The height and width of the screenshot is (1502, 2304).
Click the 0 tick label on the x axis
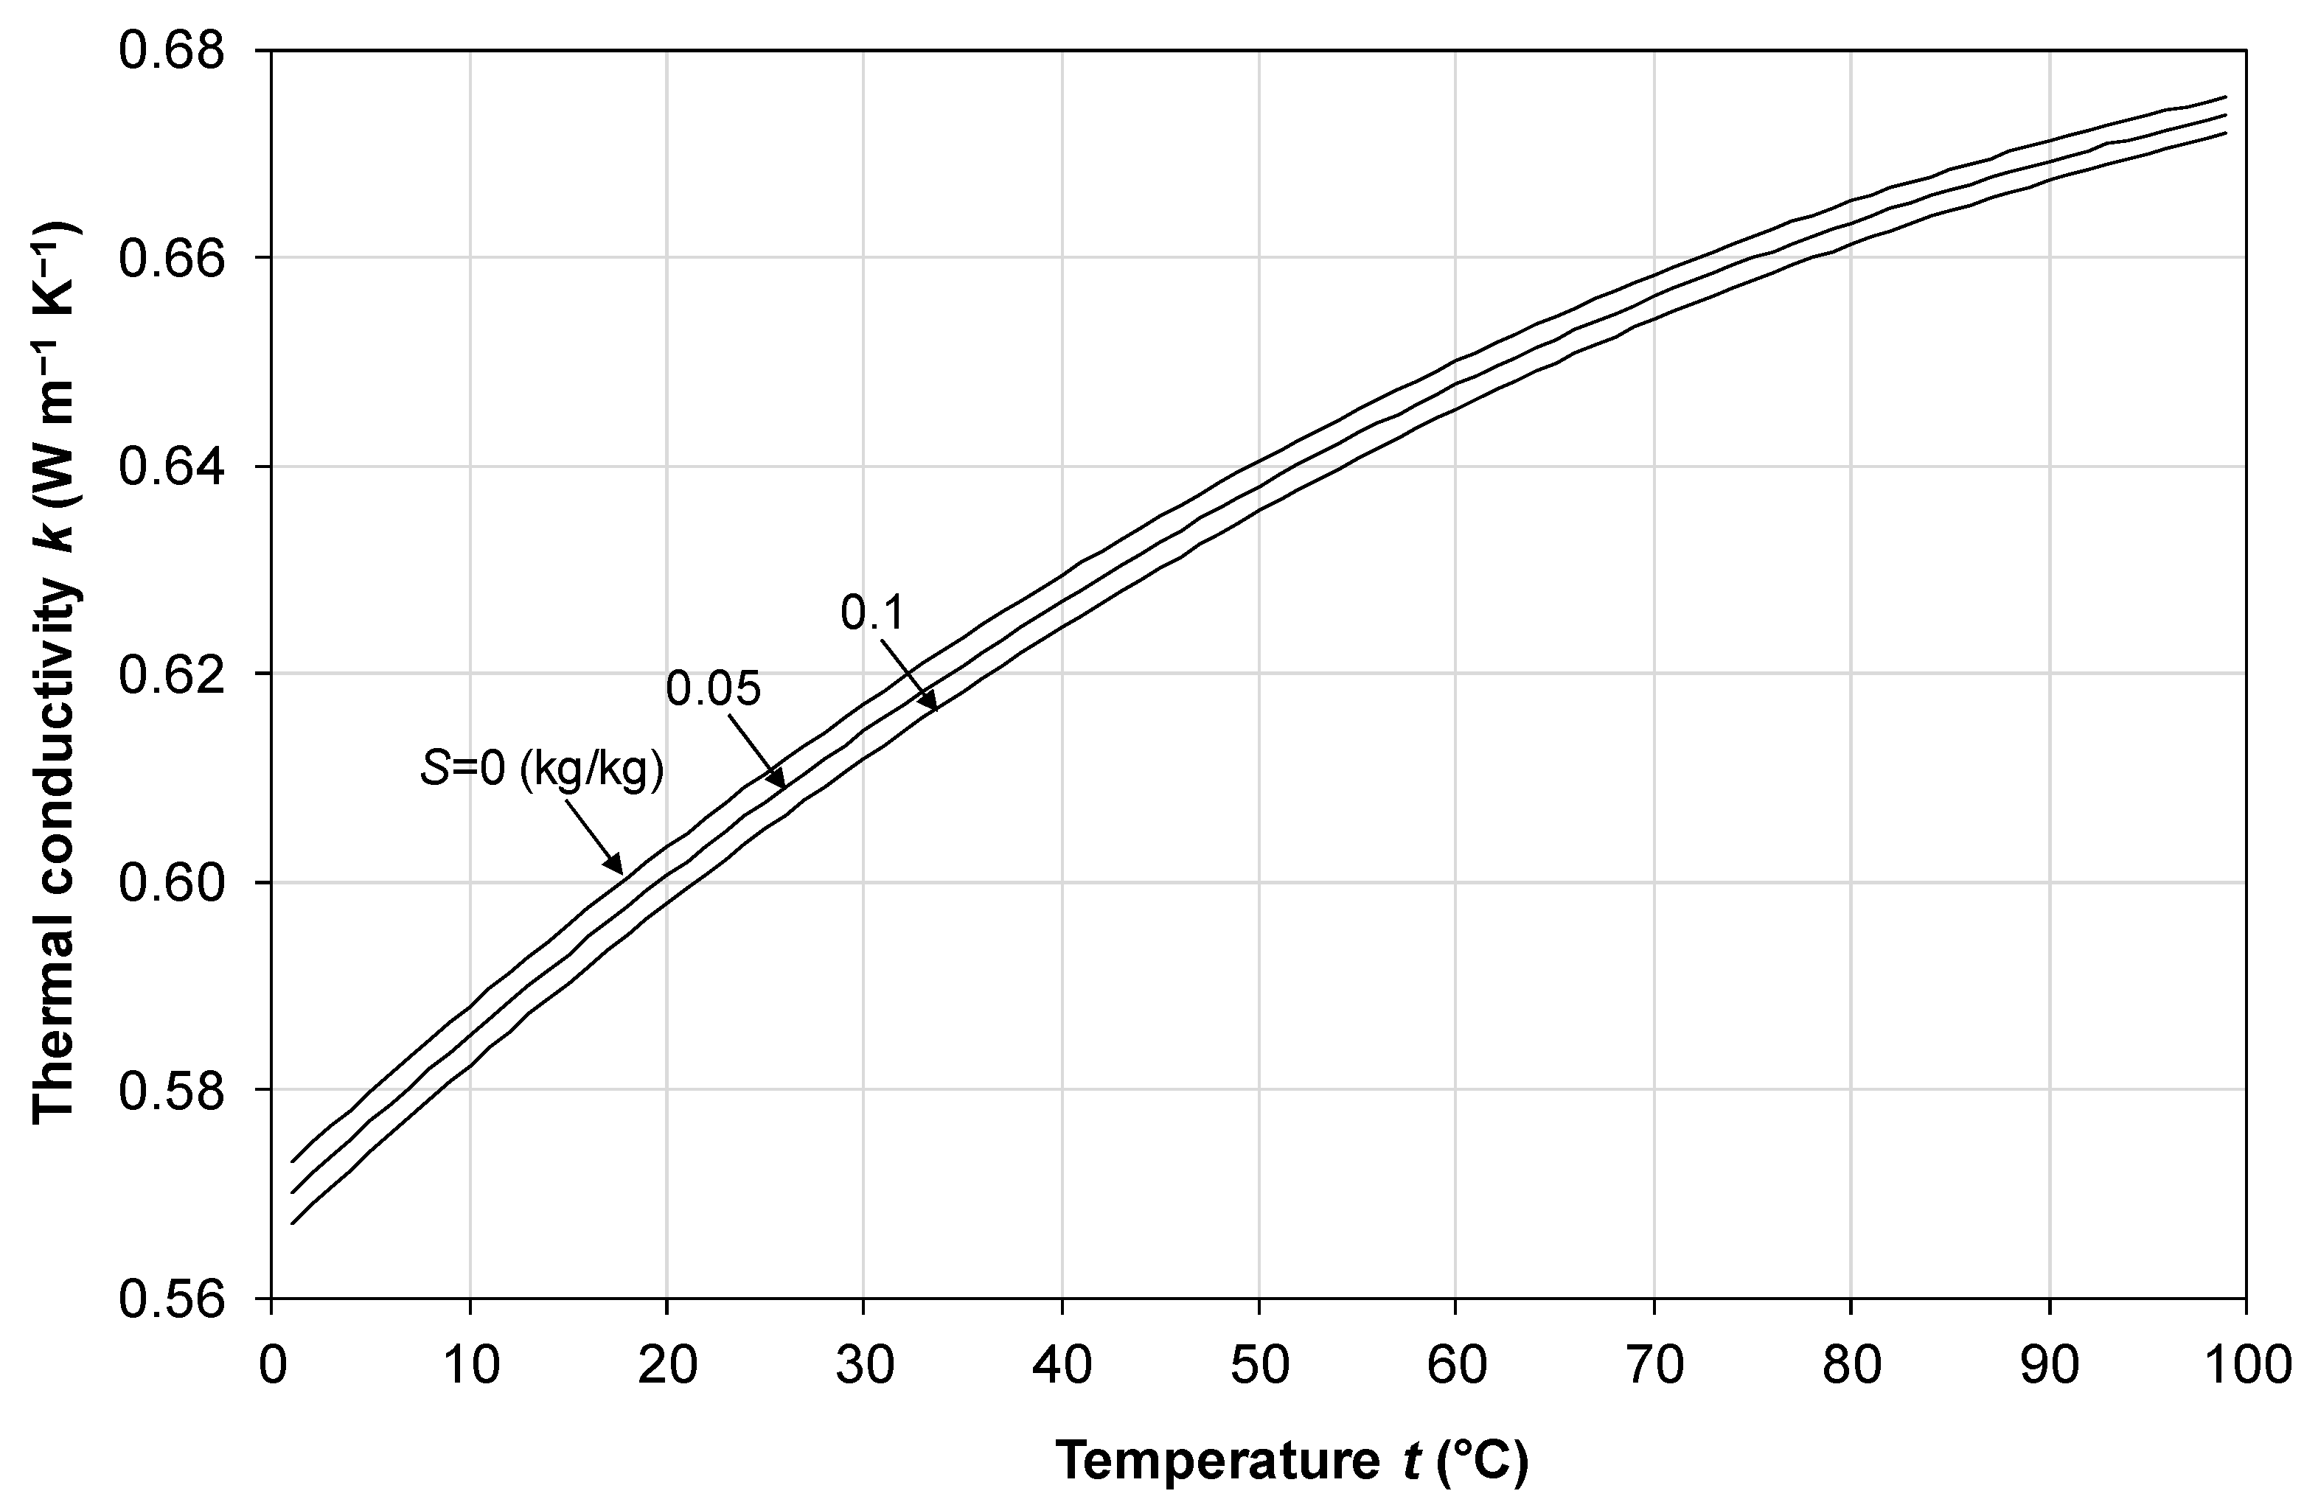(271, 1366)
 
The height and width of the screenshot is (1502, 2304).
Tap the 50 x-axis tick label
(1259, 1366)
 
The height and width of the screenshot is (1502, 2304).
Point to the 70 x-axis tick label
(1654, 1366)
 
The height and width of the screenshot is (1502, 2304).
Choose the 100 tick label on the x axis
(2244, 1366)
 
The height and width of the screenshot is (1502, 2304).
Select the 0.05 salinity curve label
(714, 689)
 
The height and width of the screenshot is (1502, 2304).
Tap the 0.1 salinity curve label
(871, 612)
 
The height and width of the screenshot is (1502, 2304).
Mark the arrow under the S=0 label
(594, 834)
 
